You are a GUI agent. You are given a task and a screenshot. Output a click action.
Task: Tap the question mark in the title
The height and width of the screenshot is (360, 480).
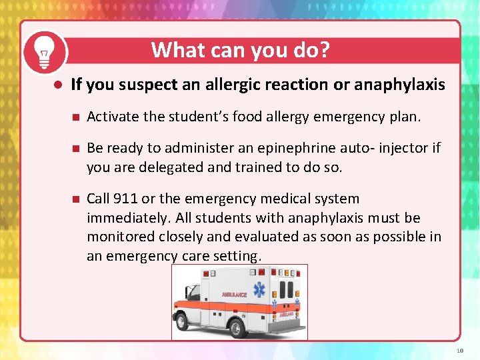325,50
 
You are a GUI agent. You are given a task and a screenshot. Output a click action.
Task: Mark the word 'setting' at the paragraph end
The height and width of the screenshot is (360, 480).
239,256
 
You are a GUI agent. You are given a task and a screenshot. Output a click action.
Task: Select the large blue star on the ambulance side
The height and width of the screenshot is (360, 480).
259,291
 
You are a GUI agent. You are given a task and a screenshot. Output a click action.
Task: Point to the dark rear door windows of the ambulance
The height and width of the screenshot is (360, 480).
286,288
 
